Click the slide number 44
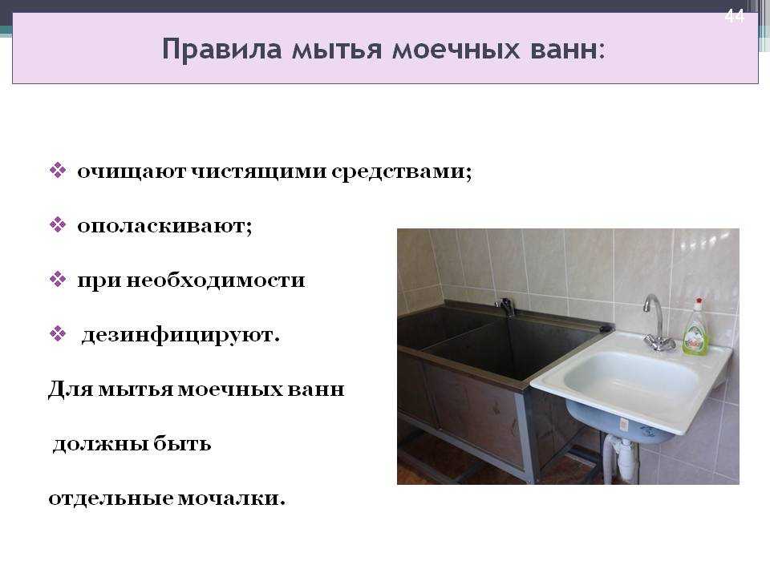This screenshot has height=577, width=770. (x=735, y=16)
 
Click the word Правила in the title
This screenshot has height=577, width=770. (x=222, y=50)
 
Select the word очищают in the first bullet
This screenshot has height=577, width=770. (x=132, y=171)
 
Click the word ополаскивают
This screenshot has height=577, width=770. (x=164, y=226)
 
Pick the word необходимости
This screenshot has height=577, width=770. (x=216, y=280)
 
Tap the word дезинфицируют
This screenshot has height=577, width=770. (x=180, y=336)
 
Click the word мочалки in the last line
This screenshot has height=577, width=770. (x=231, y=498)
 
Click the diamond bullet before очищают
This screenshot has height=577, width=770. (x=58, y=170)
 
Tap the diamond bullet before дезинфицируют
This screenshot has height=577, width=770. (x=58, y=335)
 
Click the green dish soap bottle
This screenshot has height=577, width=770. (x=696, y=327)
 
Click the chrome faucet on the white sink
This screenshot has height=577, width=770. (x=657, y=323)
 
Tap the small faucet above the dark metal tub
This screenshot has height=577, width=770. (x=505, y=307)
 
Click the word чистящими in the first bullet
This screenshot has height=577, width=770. (x=259, y=171)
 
